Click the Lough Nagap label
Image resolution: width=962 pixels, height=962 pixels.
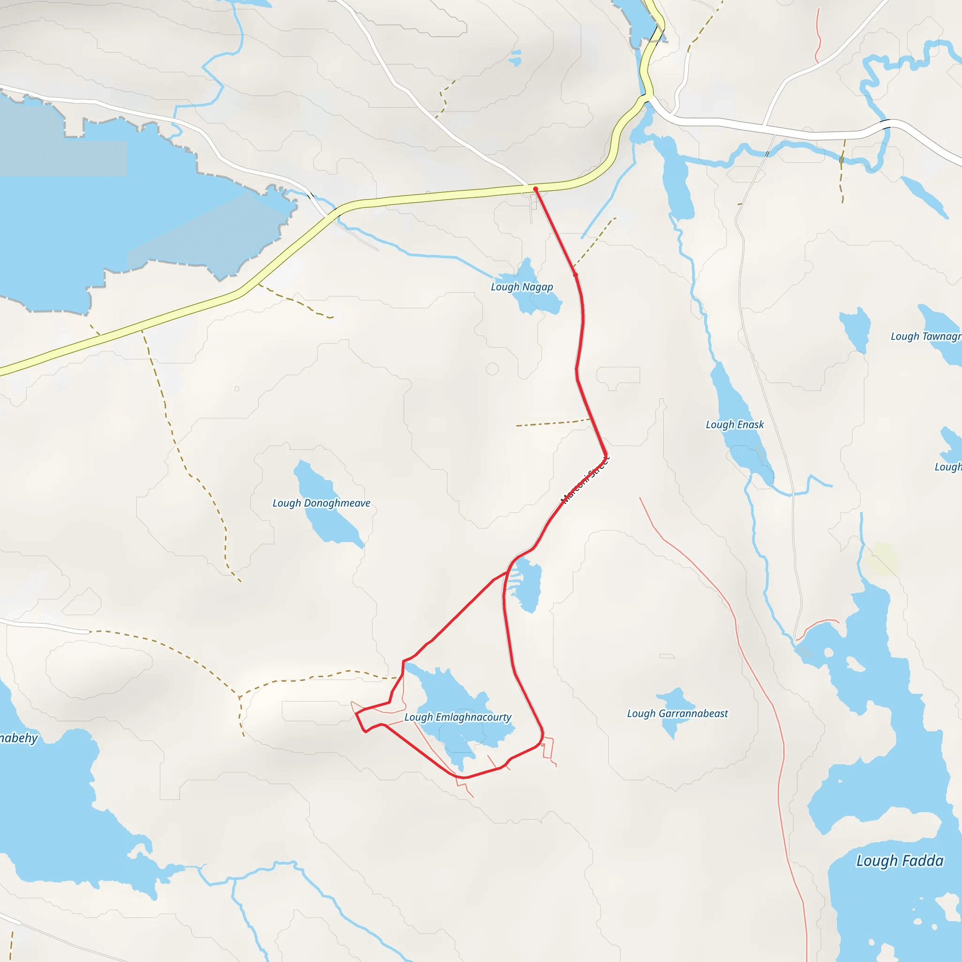(522, 287)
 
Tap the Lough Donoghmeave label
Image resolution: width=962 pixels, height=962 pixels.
(321, 503)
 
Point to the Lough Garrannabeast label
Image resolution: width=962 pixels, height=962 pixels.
(677, 714)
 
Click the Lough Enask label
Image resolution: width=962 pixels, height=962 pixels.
(735, 425)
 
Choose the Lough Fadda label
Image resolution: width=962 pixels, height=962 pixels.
(899, 861)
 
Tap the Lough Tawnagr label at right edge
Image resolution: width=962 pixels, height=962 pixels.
(926, 337)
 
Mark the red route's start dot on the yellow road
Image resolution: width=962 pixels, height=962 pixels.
(535, 189)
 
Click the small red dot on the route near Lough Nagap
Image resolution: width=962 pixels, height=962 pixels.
(575, 274)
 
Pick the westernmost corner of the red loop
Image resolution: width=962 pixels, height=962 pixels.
(356, 714)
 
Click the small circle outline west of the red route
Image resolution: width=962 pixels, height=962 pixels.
(492, 369)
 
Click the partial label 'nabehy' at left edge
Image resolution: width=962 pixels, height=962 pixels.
(18, 738)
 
